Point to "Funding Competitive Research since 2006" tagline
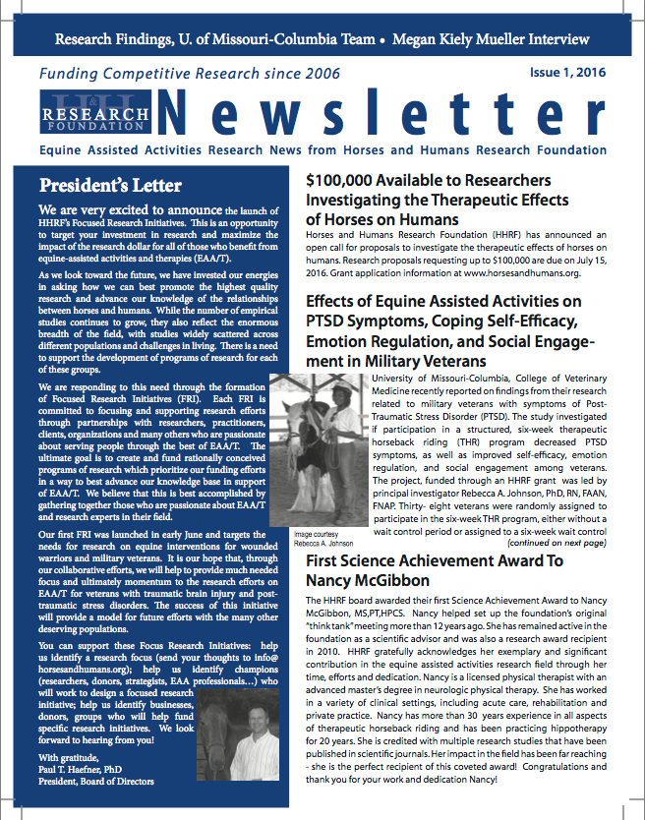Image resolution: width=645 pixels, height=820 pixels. click(x=190, y=74)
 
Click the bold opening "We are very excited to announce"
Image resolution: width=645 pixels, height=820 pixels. click(x=130, y=210)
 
